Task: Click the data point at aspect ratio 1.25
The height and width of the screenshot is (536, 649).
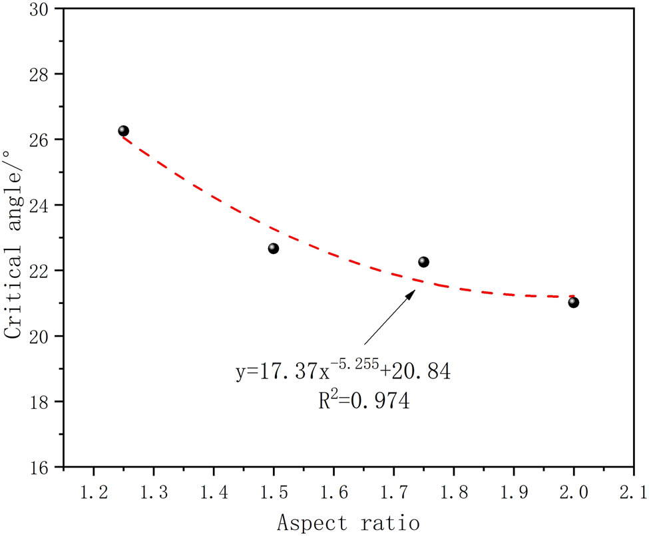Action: [123, 131]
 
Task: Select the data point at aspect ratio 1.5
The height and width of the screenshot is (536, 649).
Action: [273, 248]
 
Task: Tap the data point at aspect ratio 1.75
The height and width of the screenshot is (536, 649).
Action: [423, 262]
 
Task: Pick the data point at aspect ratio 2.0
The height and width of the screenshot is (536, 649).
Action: [574, 303]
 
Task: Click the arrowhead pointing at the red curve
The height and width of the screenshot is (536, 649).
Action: [411, 293]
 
